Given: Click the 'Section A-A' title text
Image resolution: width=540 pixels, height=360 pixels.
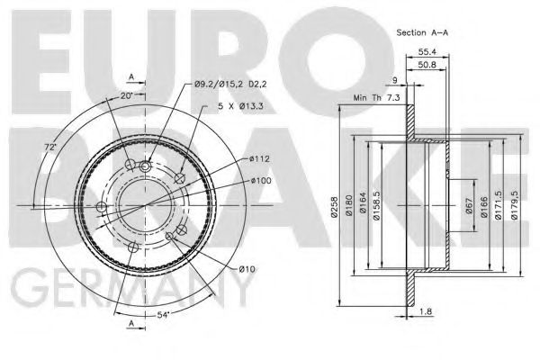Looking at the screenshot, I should click(x=423, y=31).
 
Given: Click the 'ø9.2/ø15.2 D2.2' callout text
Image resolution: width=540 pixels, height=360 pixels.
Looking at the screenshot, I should click(x=231, y=85).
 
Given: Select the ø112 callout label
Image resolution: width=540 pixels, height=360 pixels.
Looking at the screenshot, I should click(x=260, y=159).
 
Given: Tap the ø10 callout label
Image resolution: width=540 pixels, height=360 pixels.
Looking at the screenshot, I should click(x=247, y=269).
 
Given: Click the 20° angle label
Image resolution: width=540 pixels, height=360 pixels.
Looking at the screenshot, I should click(x=127, y=95).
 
